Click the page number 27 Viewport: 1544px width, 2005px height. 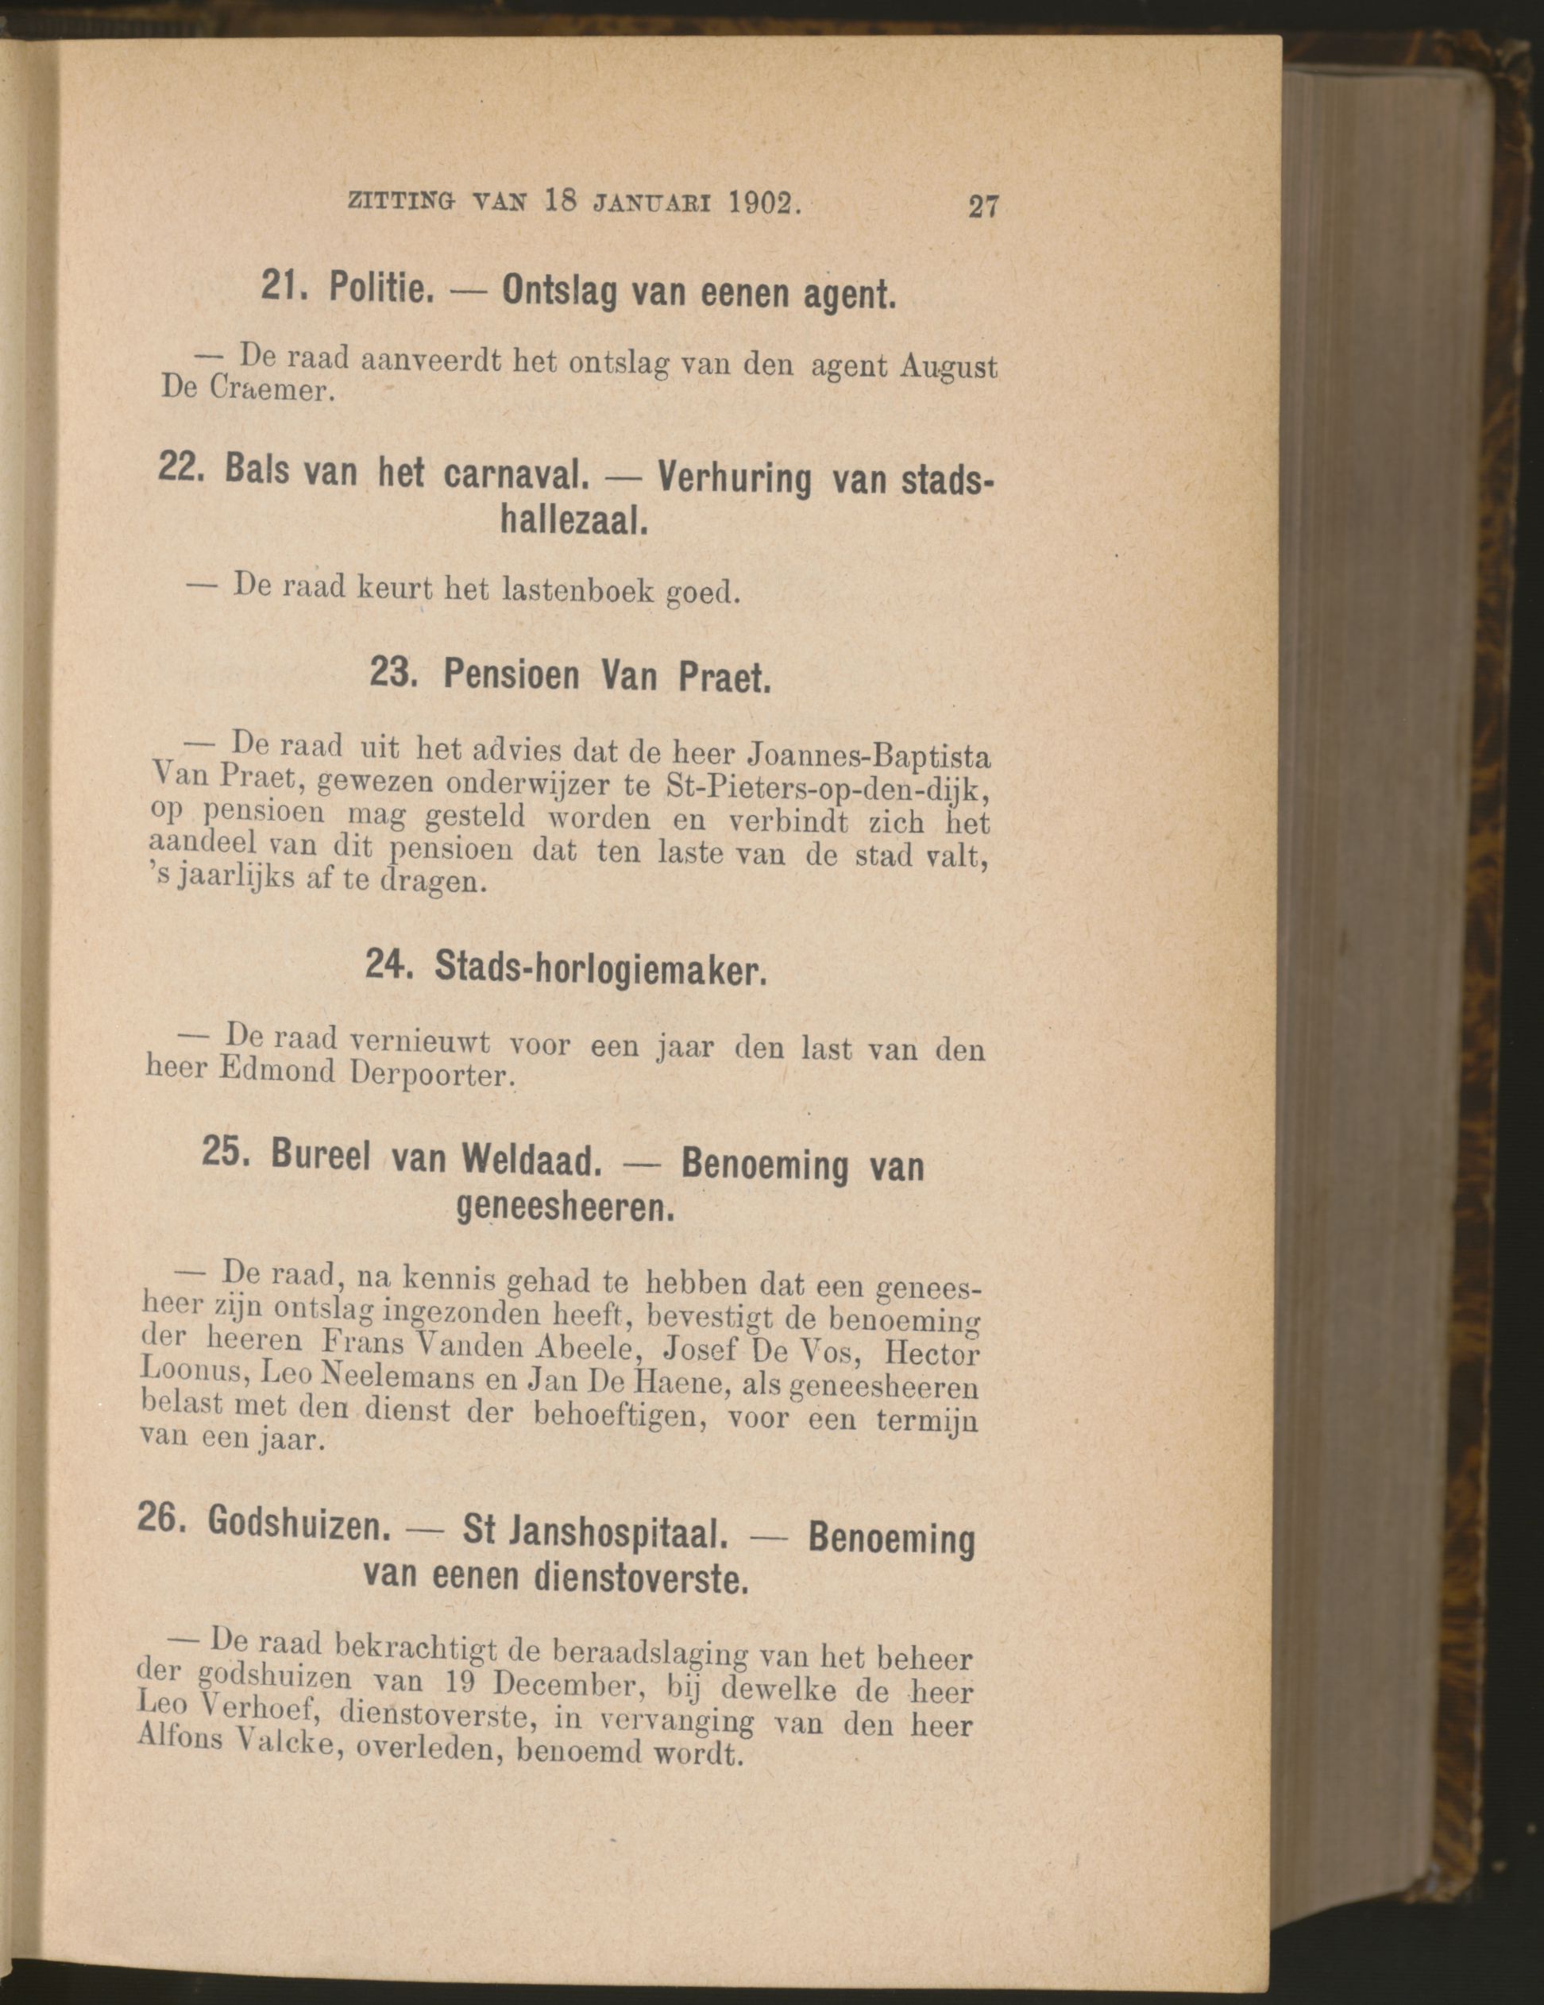pyautogui.click(x=982, y=206)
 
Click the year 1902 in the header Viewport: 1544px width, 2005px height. pyautogui.click(x=762, y=202)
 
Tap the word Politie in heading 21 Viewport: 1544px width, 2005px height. pyautogui.click(x=380, y=290)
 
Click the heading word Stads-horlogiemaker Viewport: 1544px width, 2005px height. pyautogui.click(x=600, y=967)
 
